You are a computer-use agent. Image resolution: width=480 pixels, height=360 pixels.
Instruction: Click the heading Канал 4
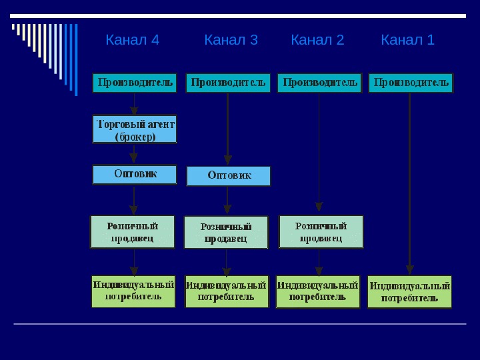coord(132,41)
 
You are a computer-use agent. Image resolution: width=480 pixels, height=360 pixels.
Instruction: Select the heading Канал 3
coord(231,41)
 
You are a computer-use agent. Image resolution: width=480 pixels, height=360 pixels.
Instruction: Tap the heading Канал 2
coord(317,41)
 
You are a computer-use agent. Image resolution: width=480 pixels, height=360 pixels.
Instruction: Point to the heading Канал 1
coord(407,41)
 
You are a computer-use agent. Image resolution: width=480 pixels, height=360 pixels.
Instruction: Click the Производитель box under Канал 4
coord(135,83)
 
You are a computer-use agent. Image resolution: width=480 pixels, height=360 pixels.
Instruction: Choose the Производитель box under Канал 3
coord(228,83)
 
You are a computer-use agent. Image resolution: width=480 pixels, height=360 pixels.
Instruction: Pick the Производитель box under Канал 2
coord(319,83)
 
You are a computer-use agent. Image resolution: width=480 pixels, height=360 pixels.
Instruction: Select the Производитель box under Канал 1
coord(411,83)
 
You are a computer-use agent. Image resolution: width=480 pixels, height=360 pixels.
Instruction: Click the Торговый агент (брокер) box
coord(135,129)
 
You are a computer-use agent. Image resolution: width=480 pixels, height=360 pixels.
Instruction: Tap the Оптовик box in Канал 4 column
coord(135,174)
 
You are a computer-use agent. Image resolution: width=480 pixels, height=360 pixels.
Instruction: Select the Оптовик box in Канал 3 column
coord(229,176)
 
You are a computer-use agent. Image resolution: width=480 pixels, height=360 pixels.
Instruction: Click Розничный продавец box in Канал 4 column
coord(133,231)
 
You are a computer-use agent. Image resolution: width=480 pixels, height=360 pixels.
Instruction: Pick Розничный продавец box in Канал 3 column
coord(226,232)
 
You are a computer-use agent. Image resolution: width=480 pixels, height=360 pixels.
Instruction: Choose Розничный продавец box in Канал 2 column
coord(321,231)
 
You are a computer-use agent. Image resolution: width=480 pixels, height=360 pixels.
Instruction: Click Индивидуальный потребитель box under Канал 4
coord(133,291)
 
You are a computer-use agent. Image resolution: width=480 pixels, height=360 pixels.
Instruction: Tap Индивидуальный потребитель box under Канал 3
coord(227,291)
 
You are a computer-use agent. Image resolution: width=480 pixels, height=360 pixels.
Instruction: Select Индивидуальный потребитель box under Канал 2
coord(318,291)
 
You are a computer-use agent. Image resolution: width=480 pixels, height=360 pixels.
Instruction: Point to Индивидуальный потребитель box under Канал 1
coord(409,292)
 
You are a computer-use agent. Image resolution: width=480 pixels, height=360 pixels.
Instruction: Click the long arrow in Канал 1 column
coord(410,180)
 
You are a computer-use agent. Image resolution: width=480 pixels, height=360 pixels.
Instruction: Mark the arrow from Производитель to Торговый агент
coord(135,104)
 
